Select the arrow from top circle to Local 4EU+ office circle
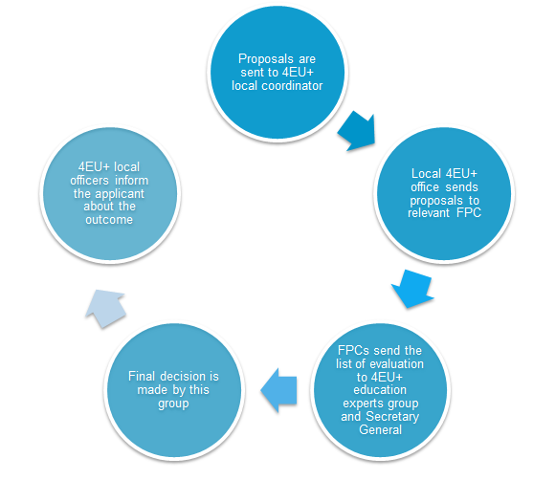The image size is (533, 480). pos(357,131)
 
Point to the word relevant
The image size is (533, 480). pos(429,213)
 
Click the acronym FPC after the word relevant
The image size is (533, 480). pos(469,213)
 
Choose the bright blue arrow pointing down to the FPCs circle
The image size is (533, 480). pos(412,289)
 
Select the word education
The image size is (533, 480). pos(380,390)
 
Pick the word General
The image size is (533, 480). pos(381,429)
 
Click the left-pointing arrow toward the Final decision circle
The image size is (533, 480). pos(278,390)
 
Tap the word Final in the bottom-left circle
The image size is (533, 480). pos(141,377)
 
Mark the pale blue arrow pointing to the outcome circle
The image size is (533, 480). pos(105,309)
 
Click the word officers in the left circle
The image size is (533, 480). pos(89,181)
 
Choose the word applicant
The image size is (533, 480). pos(120,194)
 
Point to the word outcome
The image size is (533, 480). pos(109,220)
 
